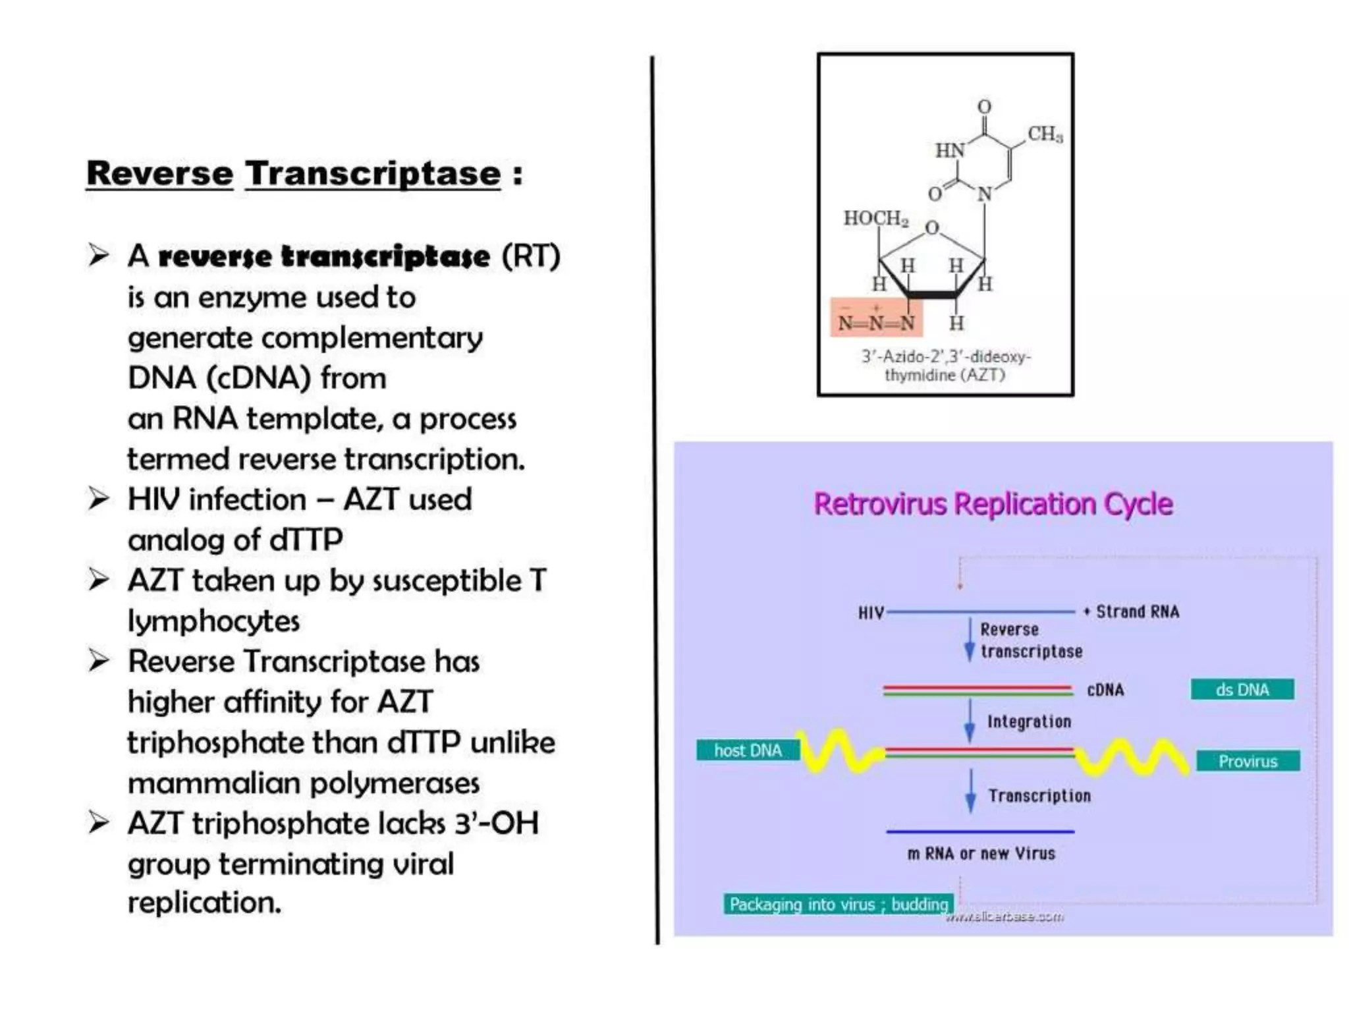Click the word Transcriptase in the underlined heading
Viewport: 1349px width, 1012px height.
click(x=373, y=174)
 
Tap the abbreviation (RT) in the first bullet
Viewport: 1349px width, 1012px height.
click(x=531, y=256)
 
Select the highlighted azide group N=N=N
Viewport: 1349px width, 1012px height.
click(x=876, y=322)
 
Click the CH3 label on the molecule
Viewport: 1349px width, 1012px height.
click(x=1045, y=134)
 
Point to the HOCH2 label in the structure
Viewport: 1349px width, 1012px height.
click(x=875, y=218)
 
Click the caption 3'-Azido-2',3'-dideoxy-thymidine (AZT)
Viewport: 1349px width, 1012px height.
click(x=945, y=366)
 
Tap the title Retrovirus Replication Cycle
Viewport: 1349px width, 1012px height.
click(x=993, y=504)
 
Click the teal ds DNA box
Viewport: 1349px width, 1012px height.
click(x=1242, y=690)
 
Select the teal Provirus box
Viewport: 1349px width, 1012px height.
click(x=1248, y=761)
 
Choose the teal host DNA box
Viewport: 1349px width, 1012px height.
click(x=748, y=750)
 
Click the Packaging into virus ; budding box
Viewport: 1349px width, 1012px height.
click(x=838, y=905)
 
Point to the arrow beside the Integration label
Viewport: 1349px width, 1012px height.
click(x=970, y=721)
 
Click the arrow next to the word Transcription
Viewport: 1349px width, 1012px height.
click(x=970, y=791)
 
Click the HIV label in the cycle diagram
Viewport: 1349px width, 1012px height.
click(x=870, y=613)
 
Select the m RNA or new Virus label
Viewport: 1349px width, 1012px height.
click(x=981, y=854)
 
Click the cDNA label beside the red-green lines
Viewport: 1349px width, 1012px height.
click(x=1105, y=690)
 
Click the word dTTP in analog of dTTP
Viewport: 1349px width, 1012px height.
click(x=306, y=540)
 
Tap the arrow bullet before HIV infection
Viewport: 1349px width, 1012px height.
click(x=99, y=499)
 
